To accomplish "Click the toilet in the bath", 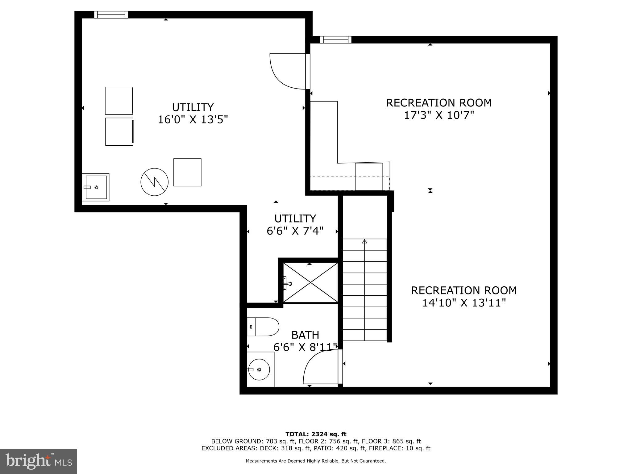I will [x=263, y=327].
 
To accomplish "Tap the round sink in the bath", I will [x=259, y=369].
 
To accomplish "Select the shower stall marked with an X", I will [x=310, y=282].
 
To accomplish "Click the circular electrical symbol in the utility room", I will [x=154, y=182].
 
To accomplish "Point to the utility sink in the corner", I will [x=96, y=187].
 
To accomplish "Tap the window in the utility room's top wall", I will [x=111, y=15].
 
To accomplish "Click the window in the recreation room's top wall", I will [x=336, y=39].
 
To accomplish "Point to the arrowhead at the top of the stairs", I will [x=364, y=242].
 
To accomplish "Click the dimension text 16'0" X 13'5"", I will [x=193, y=119].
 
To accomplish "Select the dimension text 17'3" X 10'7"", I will [x=439, y=115].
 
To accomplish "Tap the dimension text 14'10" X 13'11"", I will [x=464, y=303].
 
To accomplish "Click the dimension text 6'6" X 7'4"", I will [x=295, y=231].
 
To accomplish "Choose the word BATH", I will [x=305, y=335].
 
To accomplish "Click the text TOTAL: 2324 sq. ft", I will [x=316, y=434].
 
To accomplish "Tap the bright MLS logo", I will [x=39, y=461].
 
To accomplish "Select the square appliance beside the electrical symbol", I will [x=187, y=172].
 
